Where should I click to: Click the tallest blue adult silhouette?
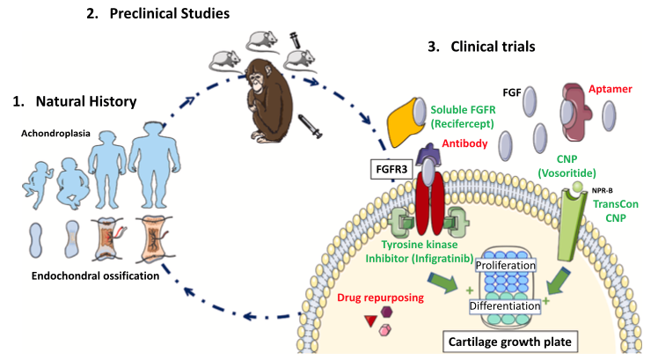click(x=154, y=177)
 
